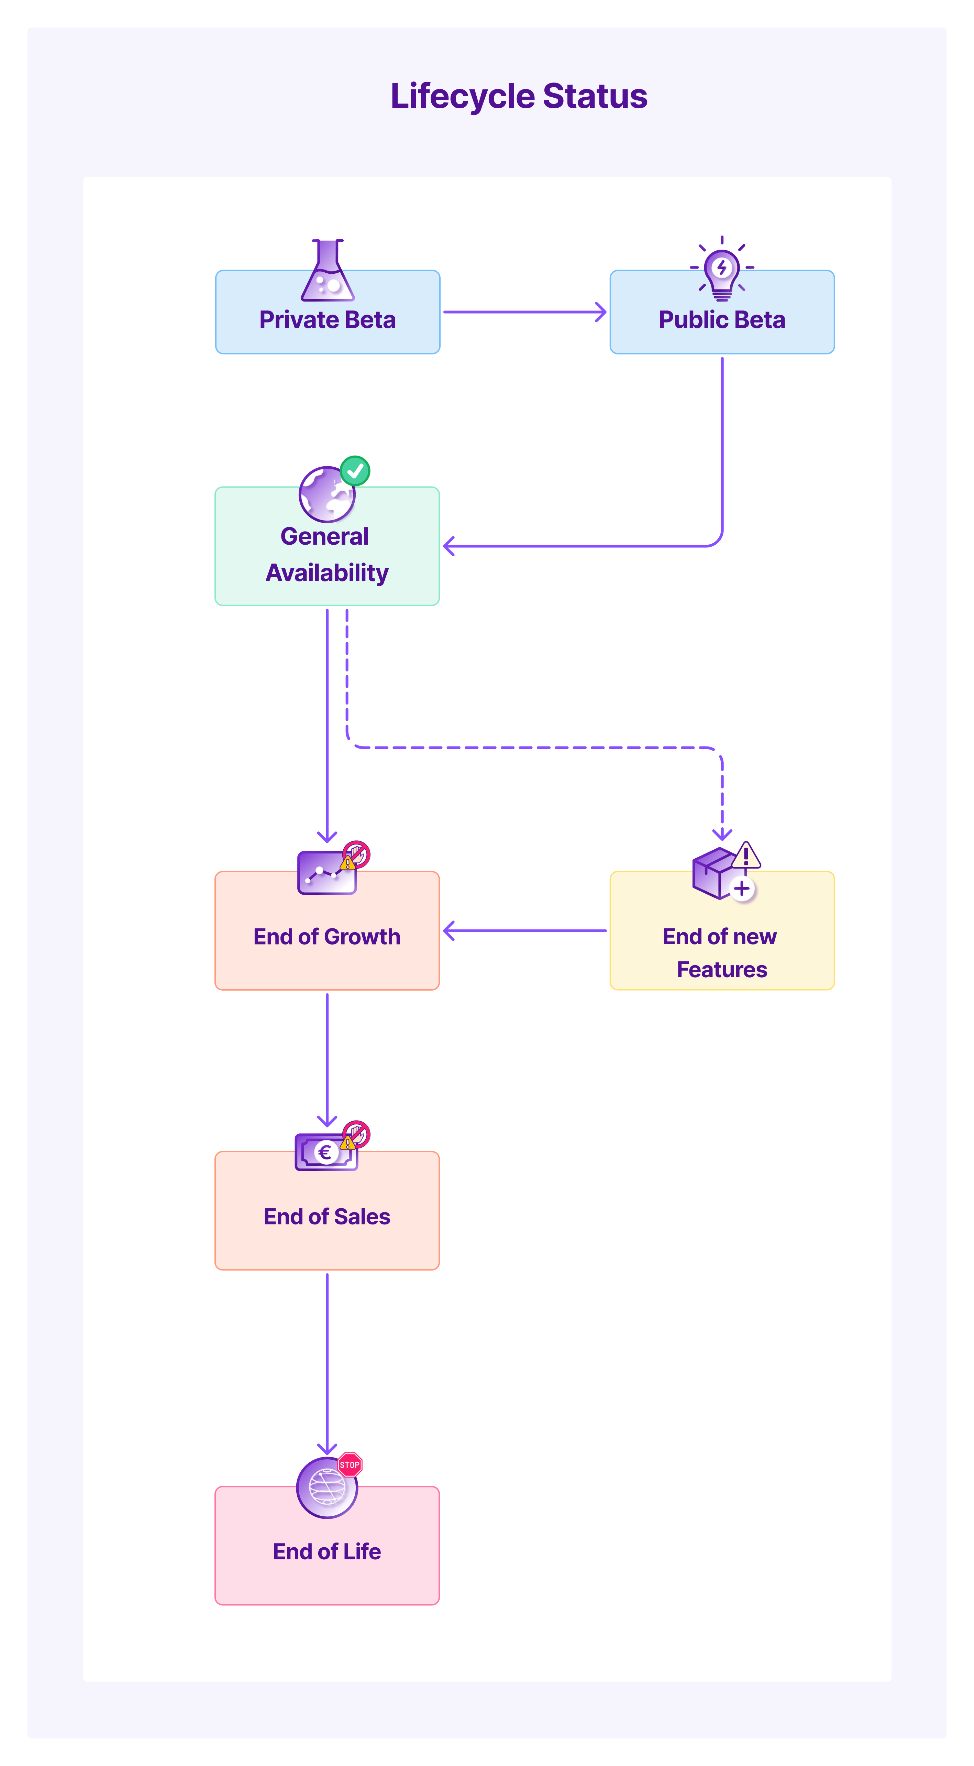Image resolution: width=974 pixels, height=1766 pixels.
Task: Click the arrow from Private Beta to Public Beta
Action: pos(524,312)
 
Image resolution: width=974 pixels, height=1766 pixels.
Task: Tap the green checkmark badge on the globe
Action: pos(355,471)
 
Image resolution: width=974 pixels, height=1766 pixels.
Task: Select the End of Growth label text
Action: pos(327,937)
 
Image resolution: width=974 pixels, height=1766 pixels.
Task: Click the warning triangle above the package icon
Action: pos(746,855)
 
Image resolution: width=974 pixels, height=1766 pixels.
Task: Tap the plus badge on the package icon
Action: pos(742,889)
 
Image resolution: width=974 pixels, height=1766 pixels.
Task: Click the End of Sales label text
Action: pos(327,1216)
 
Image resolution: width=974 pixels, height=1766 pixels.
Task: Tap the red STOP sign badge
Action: pos(350,1465)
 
